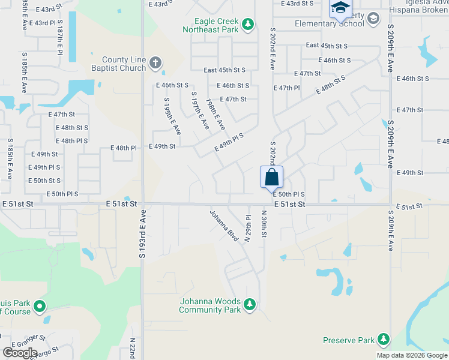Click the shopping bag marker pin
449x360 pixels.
271,177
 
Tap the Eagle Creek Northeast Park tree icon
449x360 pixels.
248,25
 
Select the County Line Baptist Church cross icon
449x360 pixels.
155,62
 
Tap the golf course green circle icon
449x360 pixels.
40,307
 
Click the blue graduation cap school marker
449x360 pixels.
340,8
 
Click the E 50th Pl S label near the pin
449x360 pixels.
289,194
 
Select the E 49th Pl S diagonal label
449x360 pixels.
229,143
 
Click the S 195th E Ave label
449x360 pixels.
172,116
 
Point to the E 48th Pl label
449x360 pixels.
124,148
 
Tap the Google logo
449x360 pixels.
20,352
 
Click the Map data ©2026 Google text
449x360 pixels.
411,355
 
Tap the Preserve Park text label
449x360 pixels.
349,340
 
